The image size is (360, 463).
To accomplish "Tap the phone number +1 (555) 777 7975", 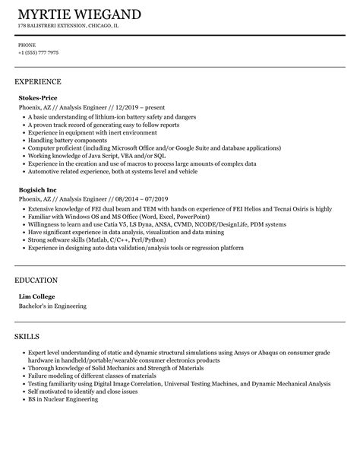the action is coord(38,52).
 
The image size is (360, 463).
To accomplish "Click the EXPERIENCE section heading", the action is coord(38,81).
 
